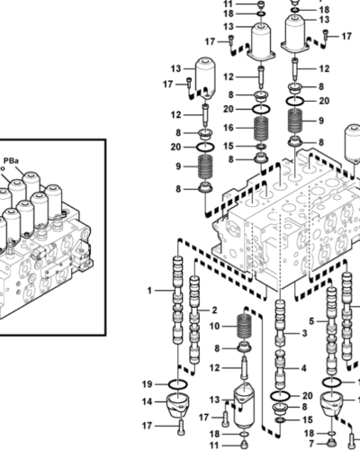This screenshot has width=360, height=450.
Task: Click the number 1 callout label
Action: [x=151, y=290]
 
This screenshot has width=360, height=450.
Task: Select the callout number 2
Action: [x=214, y=309]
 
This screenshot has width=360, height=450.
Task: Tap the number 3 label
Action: [x=305, y=333]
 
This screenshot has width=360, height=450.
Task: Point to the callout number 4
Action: [x=304, y=367]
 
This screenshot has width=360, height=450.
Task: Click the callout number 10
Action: [x=215, y=325]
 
